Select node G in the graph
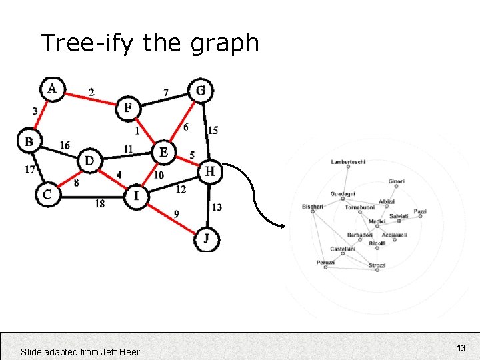pos(201,90)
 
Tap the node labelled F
pos(128,108)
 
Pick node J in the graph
pos(206,239)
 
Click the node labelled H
pos(210,172)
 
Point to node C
pos(47,195)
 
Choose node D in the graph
pos(90,160)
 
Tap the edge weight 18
pos(99,204)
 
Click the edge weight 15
pos(213,131)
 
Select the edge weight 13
pos(217,208)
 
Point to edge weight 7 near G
pos(166,92)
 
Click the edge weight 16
pos(65,145)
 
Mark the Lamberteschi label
pos(348,162)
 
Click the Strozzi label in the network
pos(377,266)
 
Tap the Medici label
pos(377,221)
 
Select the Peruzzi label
pos(325,263)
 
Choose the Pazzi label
pos(420,212)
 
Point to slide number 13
pos(461,348)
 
